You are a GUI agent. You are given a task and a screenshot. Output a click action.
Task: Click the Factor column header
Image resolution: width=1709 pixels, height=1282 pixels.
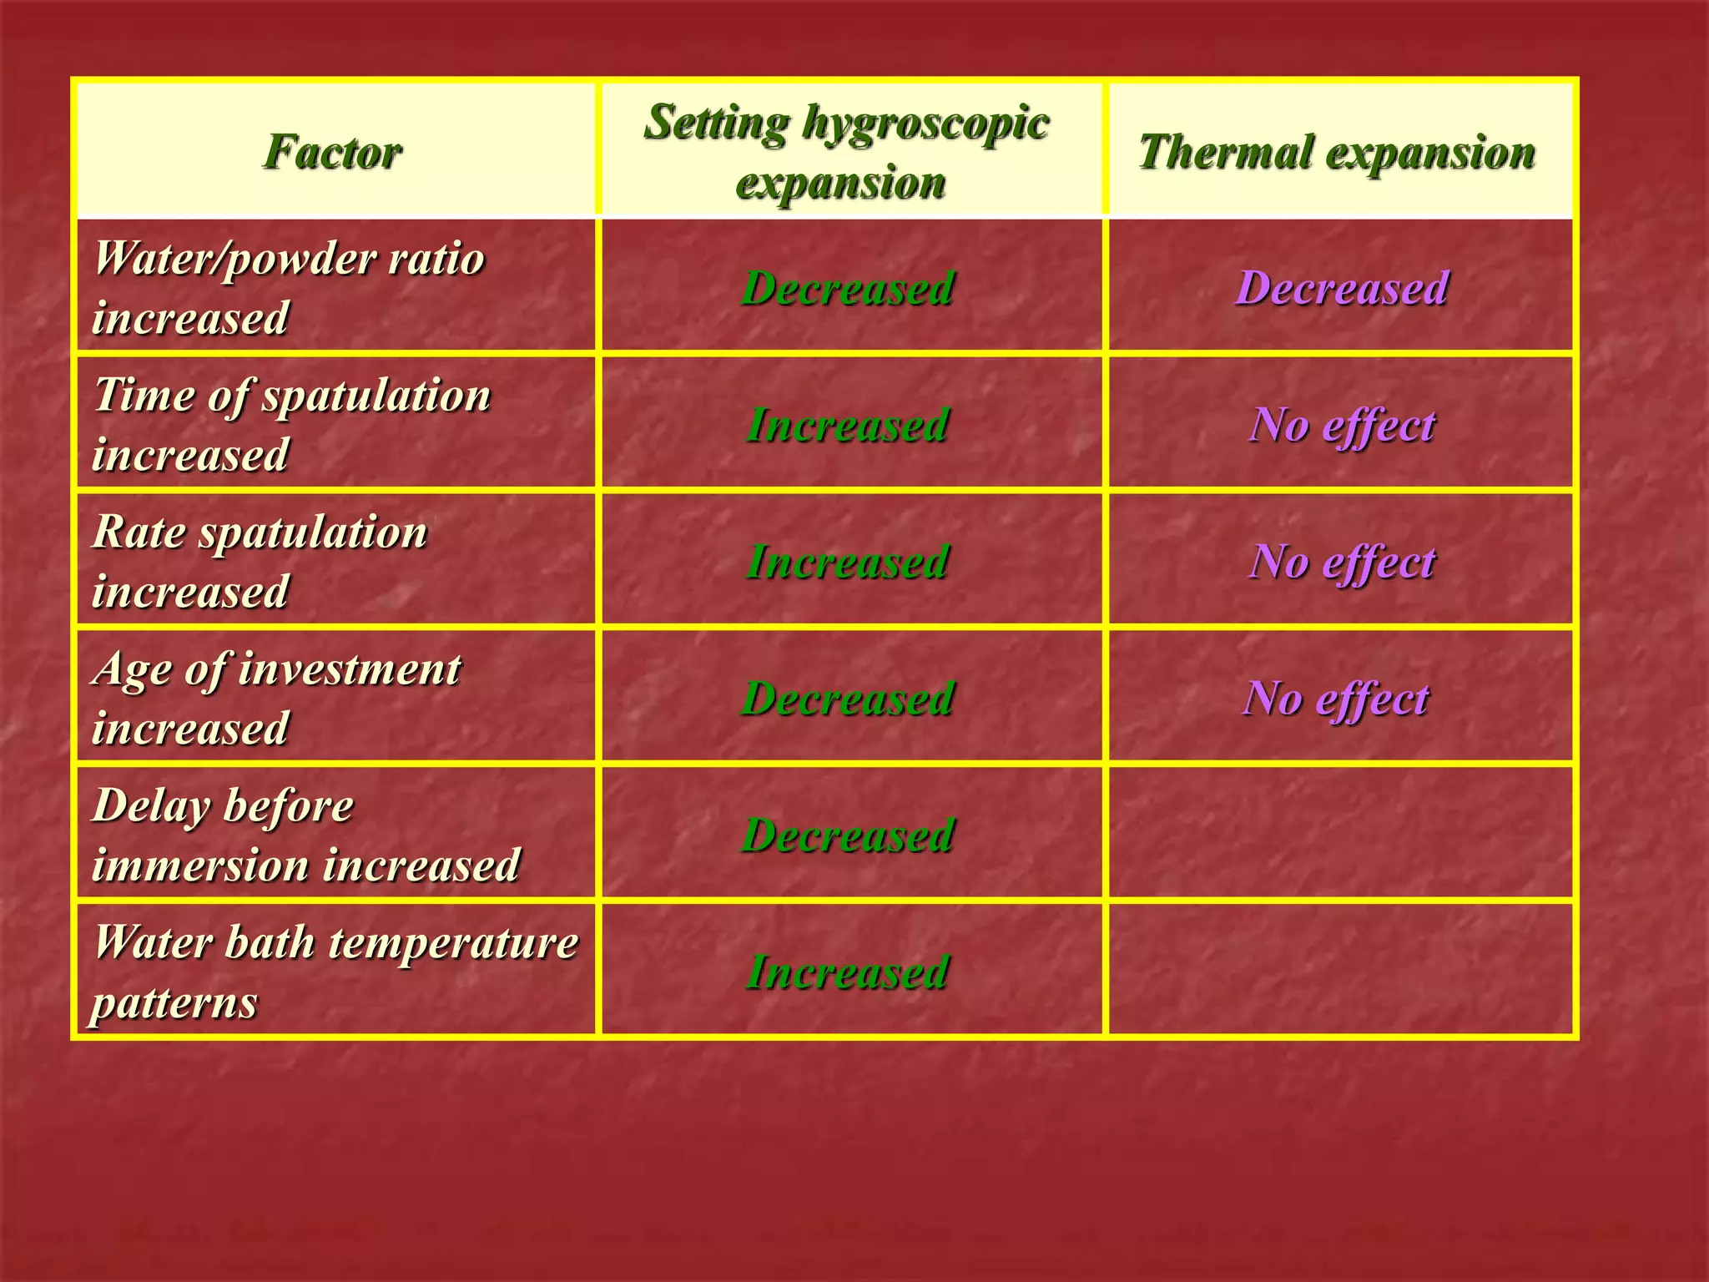point(334,152)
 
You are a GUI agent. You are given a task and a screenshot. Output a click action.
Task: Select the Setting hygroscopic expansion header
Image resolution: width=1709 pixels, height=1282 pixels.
point(846,152)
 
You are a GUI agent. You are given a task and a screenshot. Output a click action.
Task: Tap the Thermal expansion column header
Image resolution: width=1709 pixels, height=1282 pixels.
point(1337,152)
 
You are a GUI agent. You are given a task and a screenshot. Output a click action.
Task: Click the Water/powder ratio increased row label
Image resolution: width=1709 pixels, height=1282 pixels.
point(288,287)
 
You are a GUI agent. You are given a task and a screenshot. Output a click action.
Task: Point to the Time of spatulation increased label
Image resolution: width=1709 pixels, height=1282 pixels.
point(291,424)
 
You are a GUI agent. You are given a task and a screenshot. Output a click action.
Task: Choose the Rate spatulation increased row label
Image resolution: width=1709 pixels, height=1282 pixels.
point(260,561)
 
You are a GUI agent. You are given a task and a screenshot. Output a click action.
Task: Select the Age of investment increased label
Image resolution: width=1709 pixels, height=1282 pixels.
point(276,698)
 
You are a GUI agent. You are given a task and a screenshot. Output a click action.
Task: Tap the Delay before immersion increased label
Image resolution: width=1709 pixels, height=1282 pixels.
point(305,835)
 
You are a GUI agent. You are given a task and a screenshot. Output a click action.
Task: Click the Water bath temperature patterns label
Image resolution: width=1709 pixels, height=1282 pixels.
point(335,972)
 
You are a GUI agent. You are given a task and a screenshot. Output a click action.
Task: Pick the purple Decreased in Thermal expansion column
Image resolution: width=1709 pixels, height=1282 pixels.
point(1341,288)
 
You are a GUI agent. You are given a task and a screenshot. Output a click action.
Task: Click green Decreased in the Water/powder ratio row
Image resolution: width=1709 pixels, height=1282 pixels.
point(847,288)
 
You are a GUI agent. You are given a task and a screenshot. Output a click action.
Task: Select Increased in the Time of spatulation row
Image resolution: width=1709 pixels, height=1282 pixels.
point(847,425)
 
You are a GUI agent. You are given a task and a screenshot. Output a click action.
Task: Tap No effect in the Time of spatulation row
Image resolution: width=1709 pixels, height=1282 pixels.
point(1341,425)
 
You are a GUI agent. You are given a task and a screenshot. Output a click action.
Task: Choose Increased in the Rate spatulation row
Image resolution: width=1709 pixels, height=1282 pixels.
point(847,562)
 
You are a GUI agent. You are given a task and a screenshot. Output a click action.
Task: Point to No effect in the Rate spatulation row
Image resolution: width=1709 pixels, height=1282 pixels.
point(1341,562)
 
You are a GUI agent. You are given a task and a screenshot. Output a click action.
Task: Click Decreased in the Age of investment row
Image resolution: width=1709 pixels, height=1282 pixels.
point(847,699)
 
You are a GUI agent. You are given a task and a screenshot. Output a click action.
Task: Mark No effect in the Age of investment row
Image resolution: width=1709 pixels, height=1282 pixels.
point(1335,699)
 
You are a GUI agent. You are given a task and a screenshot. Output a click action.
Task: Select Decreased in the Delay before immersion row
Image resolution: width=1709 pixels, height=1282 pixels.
point(847,835)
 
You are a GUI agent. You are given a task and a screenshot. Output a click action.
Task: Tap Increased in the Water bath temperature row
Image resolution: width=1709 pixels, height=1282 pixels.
point(847,972)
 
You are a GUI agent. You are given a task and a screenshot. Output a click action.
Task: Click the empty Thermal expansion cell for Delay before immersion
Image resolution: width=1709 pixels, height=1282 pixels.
point(1340,833)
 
